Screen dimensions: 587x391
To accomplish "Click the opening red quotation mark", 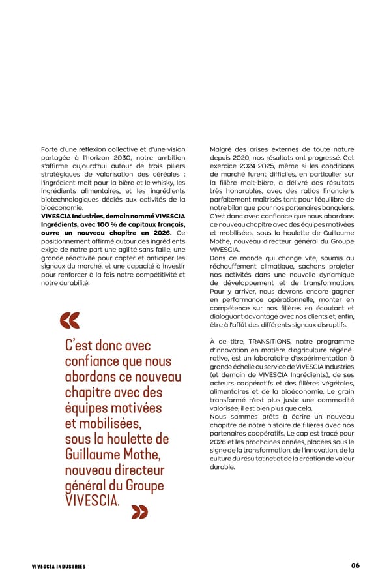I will pos(69,320).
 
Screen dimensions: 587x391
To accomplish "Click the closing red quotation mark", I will pos(139,513).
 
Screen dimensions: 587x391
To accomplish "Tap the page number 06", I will pos(355,565).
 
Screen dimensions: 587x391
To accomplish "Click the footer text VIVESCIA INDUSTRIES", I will pos(59,566).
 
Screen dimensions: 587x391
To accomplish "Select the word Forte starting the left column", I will pos(49,149).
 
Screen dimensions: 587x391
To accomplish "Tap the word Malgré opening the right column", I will pos(222,149).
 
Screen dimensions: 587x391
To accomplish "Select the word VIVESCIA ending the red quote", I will pos(91,501).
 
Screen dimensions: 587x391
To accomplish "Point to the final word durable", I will pos(222,467).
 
